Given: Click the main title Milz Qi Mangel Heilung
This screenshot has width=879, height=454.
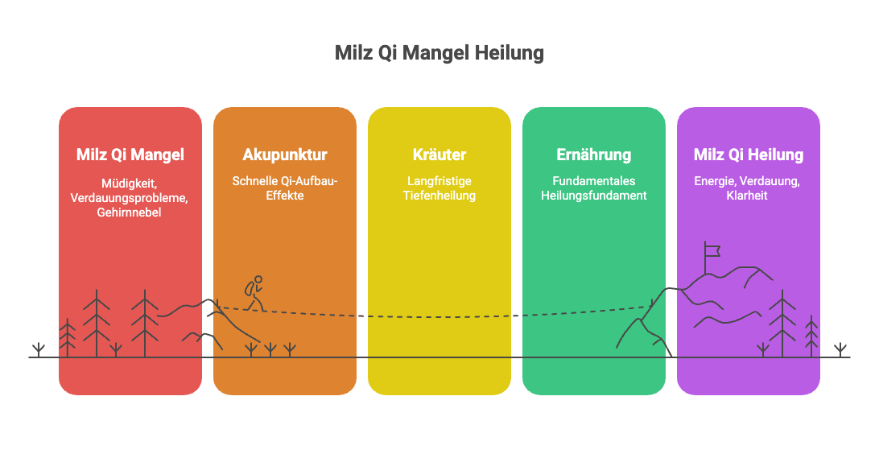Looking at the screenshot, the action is [x=439, y=53].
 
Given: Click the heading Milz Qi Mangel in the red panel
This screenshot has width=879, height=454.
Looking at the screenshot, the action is [x=130, y=155].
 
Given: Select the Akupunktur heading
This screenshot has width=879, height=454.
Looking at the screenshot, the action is [x=285, y=155].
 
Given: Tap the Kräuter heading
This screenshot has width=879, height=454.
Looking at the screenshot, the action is [x=439, y=155].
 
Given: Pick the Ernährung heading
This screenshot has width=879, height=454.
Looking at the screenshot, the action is [x=594, y=155].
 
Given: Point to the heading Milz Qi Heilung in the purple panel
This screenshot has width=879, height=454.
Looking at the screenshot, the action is [x=749, y=155].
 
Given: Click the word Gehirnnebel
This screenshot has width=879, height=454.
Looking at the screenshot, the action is [x=129, y=213].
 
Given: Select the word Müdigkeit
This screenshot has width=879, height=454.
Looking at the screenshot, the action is [x=129, y=184].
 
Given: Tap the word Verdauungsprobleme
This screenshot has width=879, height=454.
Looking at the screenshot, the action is [x=129, y=198].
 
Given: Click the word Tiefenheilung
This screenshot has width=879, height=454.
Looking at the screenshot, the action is [x=439, y=196].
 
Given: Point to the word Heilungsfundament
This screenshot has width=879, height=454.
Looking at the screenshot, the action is [x=594, y=196].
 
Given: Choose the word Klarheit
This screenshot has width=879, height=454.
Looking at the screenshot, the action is [x=747, y=196].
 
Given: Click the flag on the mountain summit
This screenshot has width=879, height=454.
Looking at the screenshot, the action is [x=712, y=250].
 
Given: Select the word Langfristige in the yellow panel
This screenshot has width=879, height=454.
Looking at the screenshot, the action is [x=439, y=181].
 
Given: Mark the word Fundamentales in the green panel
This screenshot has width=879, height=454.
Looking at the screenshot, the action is [x=594, y=181].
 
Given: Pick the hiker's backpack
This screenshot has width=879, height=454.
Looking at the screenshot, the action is [x=250, y=289].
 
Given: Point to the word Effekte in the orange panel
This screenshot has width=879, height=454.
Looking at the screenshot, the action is [x=285, y=196].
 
